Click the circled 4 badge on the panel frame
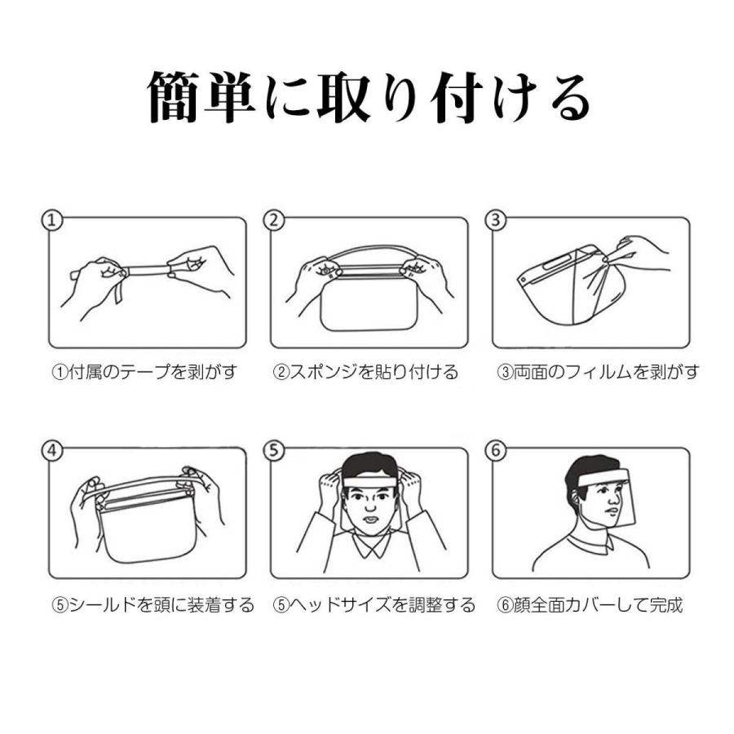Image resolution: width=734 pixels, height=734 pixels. (x=52, y=450)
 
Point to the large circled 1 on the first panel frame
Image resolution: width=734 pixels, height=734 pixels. (x=52, y=220)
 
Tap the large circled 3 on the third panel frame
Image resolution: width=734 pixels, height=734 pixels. (x=496, y=220)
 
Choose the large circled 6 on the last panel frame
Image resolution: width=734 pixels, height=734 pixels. (x=496, y=450)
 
